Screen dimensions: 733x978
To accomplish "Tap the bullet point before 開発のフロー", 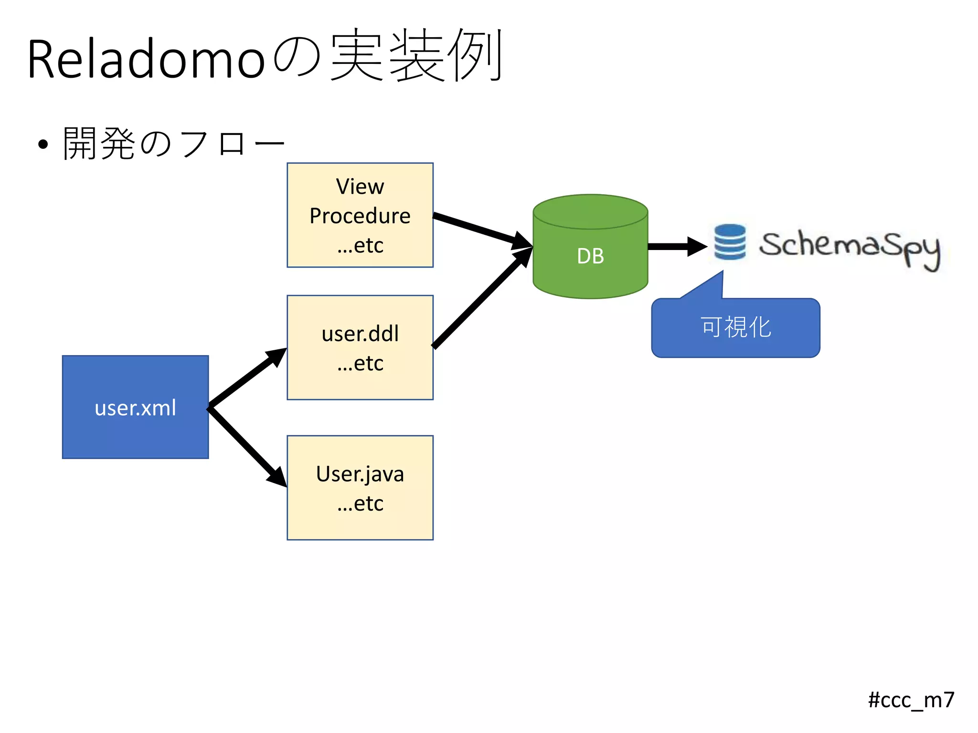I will [43, 144].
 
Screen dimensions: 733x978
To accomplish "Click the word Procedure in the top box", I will [360, 216].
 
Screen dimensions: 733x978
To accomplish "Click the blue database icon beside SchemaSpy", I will [730, 242].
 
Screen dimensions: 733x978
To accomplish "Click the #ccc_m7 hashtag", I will [911, 700].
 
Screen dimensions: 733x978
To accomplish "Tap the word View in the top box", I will [360, 187].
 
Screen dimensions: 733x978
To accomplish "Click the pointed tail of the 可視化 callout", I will [712, 284].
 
